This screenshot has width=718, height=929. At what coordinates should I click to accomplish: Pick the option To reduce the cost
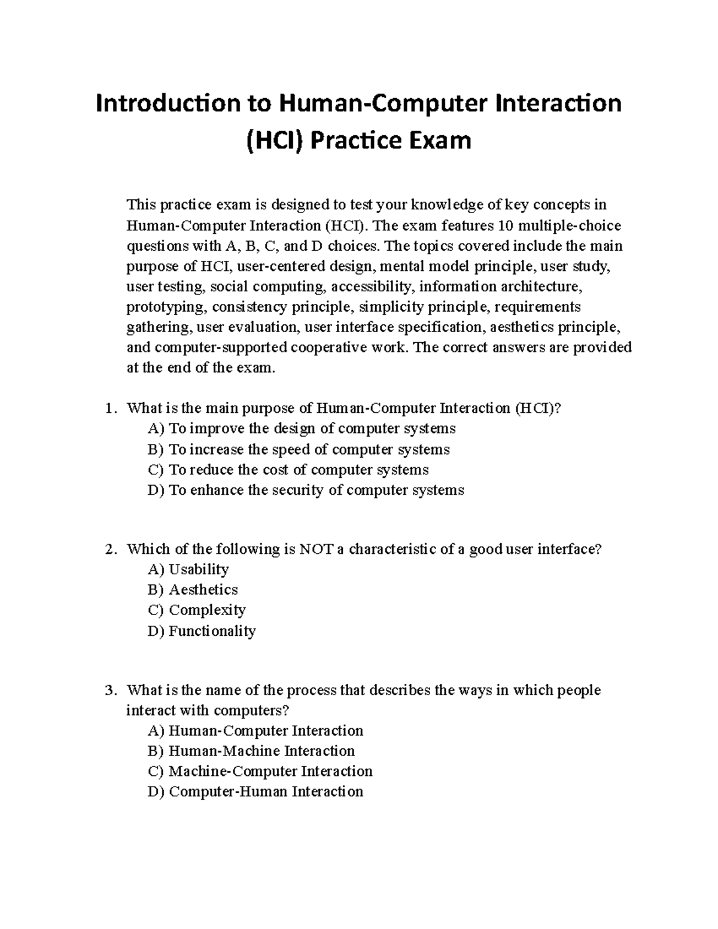click(288, 470)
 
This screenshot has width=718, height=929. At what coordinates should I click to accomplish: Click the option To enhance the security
click(306, 491)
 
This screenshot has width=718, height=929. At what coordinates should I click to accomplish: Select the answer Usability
click(188, 569)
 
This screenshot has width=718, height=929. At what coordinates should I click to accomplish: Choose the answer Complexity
click(196, 610)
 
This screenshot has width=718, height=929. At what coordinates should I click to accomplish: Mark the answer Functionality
click(202, 631)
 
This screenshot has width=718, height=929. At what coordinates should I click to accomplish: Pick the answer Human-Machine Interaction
click(251, 751)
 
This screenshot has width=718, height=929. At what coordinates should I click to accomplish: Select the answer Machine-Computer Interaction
click(260, 771)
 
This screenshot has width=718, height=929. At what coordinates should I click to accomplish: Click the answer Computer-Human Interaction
click(255, 791)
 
